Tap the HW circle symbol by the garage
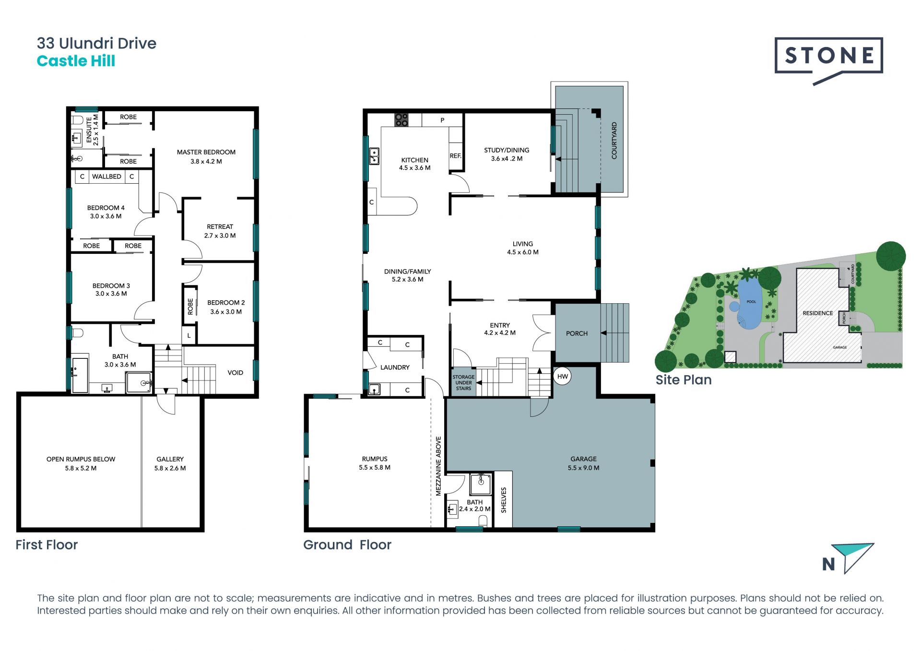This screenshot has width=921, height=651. tap(563, 377)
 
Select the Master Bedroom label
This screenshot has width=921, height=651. tap(206, 156)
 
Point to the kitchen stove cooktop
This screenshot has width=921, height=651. tap(401, 120)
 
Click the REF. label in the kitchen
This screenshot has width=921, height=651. tap(456, 156)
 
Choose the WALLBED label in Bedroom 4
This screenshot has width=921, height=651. tap(106, 177)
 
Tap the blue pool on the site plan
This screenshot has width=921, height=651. tap(748, 304)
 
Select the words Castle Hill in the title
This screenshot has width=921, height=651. tap(76, 61)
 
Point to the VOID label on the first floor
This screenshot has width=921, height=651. tap(235, 373)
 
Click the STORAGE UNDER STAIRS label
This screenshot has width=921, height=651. tap(463, 383)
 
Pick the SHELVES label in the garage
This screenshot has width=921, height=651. tap(504, 500)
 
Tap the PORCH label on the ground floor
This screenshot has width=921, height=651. tap(577, 333)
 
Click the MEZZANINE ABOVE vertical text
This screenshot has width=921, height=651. tap(438, 466)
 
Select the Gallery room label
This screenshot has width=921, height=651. tap(170, 463)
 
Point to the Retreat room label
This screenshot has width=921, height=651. tap(220, 231)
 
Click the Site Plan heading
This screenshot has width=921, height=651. tap(684, 380)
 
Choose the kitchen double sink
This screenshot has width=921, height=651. tap(374, 156)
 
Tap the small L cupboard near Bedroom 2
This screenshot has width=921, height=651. tap(189, 336)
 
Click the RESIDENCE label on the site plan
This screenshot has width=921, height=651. tap(818, 313)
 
